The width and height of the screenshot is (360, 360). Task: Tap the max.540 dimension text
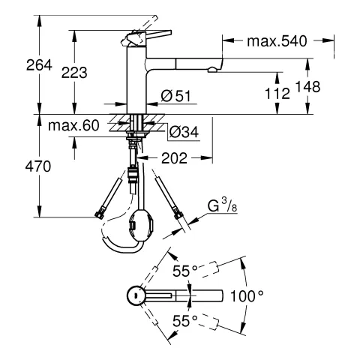(277, 40)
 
